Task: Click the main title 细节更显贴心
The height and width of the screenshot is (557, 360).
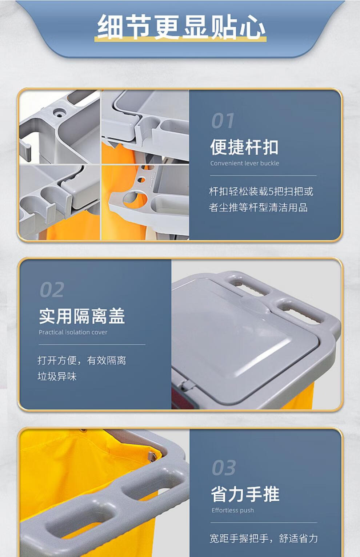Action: (181, 27)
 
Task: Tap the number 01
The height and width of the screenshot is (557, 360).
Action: (223, 121)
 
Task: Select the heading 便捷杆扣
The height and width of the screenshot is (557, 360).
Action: (244, 147)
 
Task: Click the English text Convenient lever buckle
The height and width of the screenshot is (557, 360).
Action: (245, 163)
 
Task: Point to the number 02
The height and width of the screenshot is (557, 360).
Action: (52, 290)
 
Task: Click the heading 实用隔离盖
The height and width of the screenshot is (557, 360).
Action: (82, 316)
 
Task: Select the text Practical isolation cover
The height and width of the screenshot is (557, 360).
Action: (73, 332)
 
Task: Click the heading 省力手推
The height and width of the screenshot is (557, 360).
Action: (245, 494)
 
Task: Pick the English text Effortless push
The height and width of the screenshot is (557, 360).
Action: (233, 510)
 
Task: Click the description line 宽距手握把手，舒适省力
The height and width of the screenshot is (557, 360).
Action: (264, 538)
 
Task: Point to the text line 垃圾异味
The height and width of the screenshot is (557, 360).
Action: (57, 376)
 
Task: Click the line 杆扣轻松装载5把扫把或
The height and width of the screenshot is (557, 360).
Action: (261, 191)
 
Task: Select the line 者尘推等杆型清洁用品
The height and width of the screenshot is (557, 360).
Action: (258, 207)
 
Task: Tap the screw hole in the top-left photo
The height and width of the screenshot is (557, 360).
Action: (59, 115)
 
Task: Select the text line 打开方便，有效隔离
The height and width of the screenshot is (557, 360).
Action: (82, 360)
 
